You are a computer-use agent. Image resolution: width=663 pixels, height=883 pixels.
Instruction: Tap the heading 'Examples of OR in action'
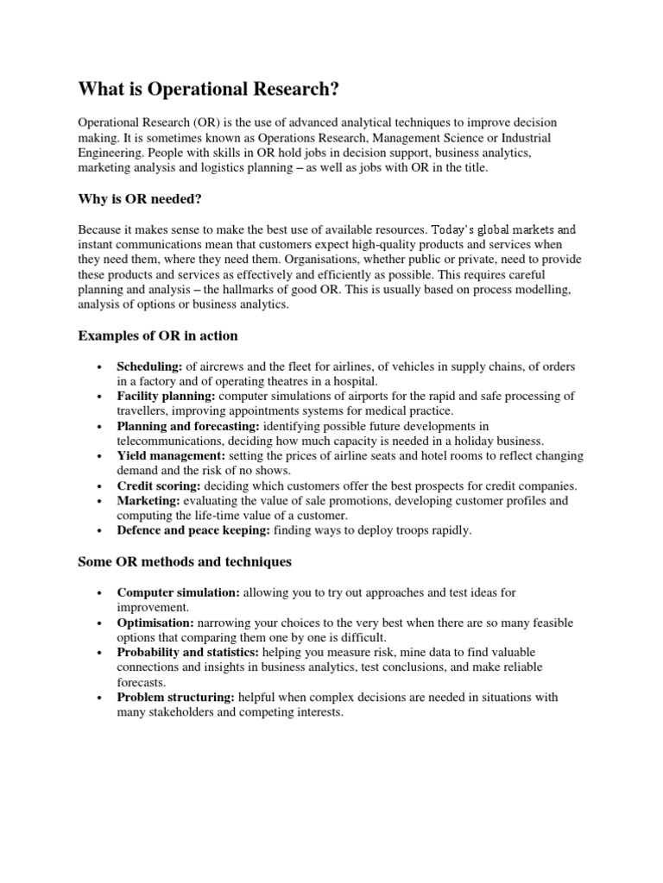point(158,335)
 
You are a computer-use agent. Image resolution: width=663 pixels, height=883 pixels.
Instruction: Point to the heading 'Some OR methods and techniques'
point(185,561)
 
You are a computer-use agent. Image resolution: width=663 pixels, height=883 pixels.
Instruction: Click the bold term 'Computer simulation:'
point(180,593)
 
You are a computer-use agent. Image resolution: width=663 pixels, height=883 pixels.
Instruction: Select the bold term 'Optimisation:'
point(155,623)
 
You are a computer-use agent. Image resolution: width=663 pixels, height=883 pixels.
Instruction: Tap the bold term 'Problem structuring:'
point(177,698)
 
